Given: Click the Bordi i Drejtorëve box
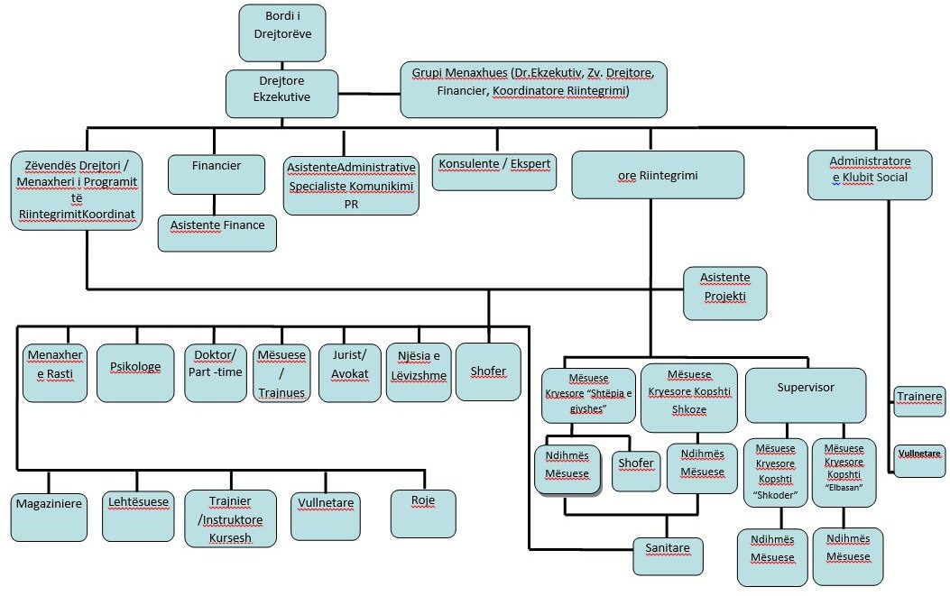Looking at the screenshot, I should click(x=282, y=32).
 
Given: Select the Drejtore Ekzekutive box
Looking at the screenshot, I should click(x=282, y=93).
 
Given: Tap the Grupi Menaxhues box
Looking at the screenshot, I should click(x=533, y=88).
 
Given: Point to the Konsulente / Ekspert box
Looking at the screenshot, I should click(x=494, y=170).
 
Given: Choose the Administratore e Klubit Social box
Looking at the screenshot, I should click(x=871, y=175).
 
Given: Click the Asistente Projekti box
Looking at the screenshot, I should click(x=724, y=293).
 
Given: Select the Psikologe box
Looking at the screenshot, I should click(x=135, y=371).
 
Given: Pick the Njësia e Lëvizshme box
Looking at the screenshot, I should click(x=418, y=371).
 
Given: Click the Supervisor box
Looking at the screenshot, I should click(x=805, y=394).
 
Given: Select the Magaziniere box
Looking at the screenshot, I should click(x=49, y=516).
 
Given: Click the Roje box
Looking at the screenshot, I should click(x=422, y=513).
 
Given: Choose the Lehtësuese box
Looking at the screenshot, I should click(x=138, y=516).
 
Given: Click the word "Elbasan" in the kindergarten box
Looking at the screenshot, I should click(x=843, y=488).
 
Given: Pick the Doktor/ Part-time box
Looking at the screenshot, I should click(x=214, y=371).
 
